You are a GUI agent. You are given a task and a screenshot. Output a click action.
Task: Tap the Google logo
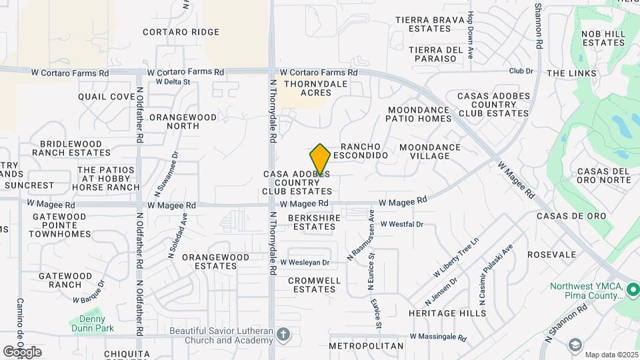click(21, 351)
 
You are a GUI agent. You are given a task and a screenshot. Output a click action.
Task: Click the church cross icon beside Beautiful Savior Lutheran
click(283, 334)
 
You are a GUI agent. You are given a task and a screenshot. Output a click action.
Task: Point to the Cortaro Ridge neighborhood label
click(181, 32)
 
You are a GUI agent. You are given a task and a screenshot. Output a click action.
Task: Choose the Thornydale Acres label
click(307, 88)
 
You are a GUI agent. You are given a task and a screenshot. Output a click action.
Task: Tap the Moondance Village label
click(429, 151)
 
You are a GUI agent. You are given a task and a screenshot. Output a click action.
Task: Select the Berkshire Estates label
click(315, 222)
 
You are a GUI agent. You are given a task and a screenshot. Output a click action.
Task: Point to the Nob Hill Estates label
click(602, 38)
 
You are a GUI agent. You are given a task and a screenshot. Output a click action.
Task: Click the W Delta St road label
click(173, 82)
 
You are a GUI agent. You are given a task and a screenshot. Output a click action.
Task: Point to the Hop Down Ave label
click(471, 35)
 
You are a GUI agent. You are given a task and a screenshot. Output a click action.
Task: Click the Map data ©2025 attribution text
click(611, 354)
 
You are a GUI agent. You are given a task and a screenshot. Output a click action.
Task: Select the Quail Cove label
click(106, 97)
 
